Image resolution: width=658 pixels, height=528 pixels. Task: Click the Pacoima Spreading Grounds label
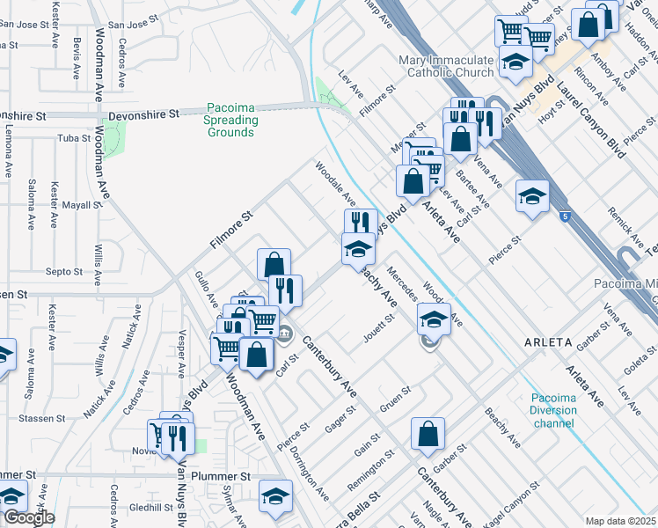pos(231,120)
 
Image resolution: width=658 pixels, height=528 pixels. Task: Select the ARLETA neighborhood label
pos(549,341)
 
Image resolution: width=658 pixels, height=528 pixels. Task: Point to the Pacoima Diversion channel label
pos(553,410)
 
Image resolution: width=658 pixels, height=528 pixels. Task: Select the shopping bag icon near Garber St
pos(428,434)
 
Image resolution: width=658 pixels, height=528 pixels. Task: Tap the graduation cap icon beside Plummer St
pos(275,495)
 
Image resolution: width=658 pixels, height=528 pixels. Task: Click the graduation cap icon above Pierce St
pos(532,196)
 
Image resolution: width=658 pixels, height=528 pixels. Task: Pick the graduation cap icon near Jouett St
pos(432,319)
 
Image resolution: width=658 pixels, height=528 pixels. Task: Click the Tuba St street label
pos(75,138)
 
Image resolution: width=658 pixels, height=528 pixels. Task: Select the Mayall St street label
pos(83,205)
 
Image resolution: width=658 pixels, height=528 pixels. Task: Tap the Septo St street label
pos(64,272)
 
